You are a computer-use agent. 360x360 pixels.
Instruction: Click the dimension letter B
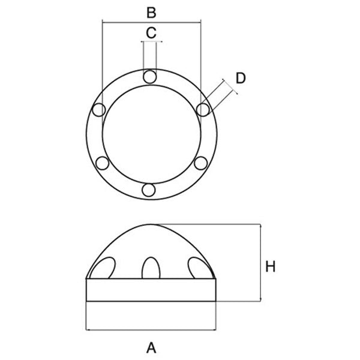151,11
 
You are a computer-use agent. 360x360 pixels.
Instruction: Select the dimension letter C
151,32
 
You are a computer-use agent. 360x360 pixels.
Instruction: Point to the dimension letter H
271,267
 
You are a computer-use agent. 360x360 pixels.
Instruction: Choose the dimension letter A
151,346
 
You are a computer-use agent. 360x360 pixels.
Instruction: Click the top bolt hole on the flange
150,76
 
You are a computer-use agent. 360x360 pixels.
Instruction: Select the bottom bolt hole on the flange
149,190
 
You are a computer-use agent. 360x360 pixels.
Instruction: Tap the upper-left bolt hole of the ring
98,109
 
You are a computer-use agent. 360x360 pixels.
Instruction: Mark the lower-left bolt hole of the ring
102,163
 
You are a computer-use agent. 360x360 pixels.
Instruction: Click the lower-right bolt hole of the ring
201,162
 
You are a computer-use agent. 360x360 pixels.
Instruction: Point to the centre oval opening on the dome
150,268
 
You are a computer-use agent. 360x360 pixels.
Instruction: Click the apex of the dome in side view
151,224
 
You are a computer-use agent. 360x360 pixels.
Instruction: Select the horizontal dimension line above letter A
151,329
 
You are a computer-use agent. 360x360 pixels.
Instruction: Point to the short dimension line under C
151,42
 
